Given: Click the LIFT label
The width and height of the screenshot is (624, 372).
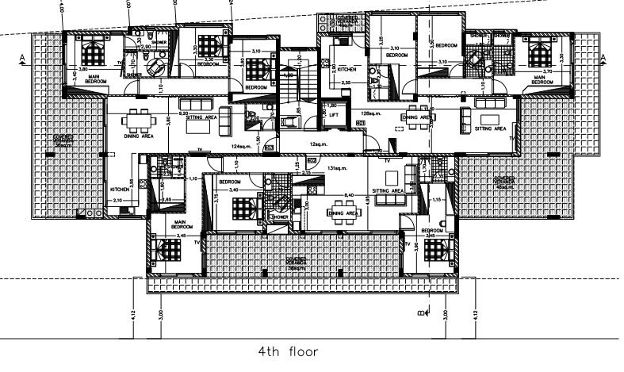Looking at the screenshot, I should click(x=334, y=116).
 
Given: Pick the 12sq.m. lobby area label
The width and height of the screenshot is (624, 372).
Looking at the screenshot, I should click(x=318, y=144).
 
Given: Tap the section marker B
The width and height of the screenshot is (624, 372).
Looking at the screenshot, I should click(x=419, y=315).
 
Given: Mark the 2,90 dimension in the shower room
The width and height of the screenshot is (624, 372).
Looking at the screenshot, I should click(x=146, y=48).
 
